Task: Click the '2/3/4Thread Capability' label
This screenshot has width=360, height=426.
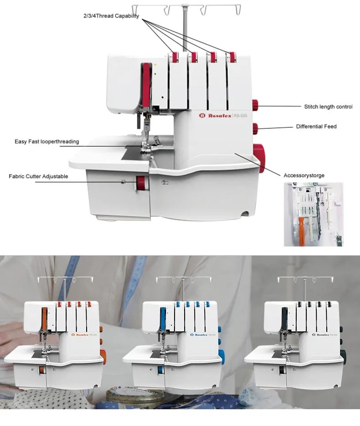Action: tap(111, 16)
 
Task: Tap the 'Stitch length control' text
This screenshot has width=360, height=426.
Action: tap(328, 107)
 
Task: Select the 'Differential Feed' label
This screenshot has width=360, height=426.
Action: tap(316, 126)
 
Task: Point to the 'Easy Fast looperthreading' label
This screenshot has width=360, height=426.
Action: tap(46, 142)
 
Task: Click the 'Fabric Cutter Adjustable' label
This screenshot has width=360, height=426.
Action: tap(38, 176)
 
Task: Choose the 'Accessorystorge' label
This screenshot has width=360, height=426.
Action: tap(304, 175)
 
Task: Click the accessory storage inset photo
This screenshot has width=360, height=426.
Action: tap(313, 214)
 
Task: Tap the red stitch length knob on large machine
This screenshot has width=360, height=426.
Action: tap(256, 106)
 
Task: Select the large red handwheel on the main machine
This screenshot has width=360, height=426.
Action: tap(259, 157)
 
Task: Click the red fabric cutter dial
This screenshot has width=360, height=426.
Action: tap(141, 184)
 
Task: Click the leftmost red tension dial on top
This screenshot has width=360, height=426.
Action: tap(174, 57)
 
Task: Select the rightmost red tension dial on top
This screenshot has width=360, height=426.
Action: tap(233, 57)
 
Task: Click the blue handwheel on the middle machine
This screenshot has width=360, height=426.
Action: tap(222, 354)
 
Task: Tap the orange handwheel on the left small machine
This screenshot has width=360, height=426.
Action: tap(103, 354)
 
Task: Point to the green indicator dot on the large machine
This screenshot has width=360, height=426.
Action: tap(155, 72)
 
